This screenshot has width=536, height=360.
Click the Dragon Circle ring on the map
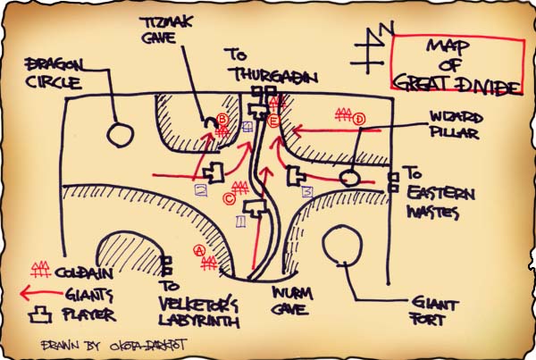[119, 135]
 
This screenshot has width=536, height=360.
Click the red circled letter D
[359, 119]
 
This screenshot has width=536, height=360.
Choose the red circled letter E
[274, 120]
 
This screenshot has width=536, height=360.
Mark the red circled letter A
[199, 251]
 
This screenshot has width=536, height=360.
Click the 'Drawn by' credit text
[107, 343]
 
